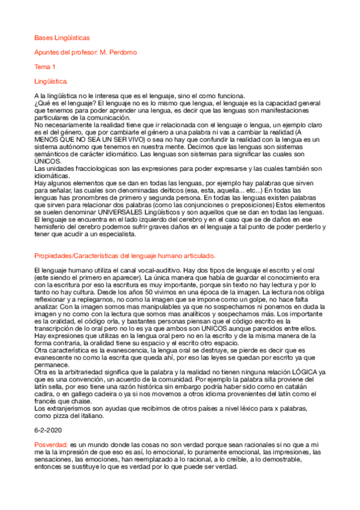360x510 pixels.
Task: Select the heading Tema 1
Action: [x=45, y=66]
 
